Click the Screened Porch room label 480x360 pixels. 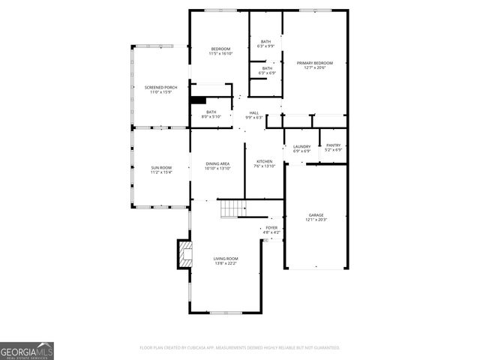click(158, 90)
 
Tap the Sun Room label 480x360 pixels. click(161, 169)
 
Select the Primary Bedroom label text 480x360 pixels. click(314, 65)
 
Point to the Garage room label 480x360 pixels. click(316, 217)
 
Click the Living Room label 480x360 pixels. click(226, 260)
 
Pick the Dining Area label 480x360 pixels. click(217, 166)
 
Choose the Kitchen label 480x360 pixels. click(265, 163)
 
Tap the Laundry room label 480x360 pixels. click(301, 148)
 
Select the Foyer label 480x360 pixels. click(271, 229)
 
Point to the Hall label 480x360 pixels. click(254, 115)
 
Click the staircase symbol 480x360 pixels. click(232, 208)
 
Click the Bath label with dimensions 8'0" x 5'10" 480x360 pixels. click(211, 114)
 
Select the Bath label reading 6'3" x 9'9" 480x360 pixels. click(265, 43)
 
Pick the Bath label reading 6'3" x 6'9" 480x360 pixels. click(267, 70)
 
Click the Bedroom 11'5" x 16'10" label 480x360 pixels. click(220, 51)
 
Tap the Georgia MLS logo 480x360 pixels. click(27, 351)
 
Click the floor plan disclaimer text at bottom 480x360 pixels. click(240, 348)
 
